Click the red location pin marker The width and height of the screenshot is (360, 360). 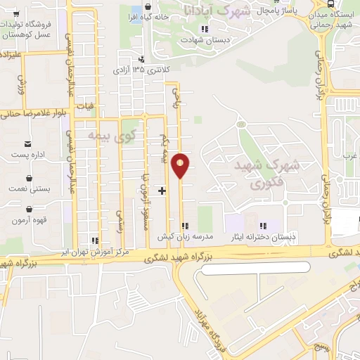point(181,165)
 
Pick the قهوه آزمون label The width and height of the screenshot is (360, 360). point(29,220)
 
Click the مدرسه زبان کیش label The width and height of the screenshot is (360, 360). point(186,237)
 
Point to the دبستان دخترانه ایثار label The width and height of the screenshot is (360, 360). point(264,237)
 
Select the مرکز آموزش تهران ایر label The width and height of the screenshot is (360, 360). point(94,250)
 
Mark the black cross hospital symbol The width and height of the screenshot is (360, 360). point(162,190)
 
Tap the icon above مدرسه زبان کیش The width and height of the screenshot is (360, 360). point(186,226)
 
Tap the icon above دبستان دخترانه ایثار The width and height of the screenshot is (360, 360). point(264,226)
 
